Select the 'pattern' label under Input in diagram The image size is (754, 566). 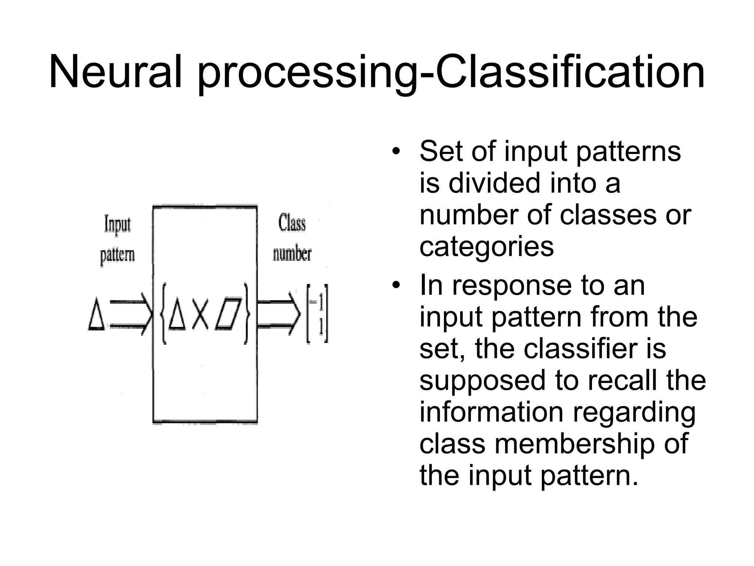click(117, 255)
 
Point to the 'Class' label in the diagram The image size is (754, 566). click(292, 223)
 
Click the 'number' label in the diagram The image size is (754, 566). click(292, 254)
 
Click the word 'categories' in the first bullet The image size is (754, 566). click(486, 247)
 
